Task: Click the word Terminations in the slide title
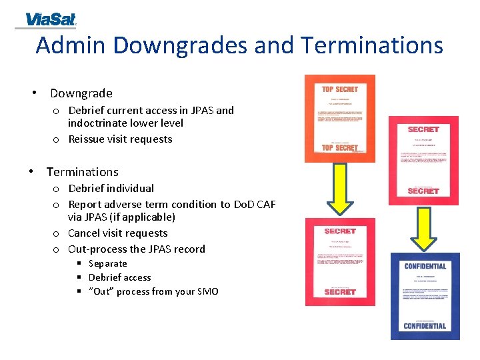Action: [371, 45]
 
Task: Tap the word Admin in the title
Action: [71, 45]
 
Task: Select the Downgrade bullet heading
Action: [81, 93]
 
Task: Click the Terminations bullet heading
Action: [82, 172]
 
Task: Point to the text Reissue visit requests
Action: [120, 139]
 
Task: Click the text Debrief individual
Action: [111, 189]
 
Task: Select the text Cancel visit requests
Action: [118, 233]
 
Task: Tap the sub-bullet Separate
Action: [107, 263]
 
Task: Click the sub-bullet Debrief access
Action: [119, 277]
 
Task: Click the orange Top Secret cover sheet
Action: [339, 118]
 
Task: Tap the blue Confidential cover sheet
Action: [425, 296]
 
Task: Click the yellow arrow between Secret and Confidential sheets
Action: [424, 227]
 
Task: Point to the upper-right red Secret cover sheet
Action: [423, 160]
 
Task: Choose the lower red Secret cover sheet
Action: [339, 261]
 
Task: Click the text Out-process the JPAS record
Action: [137, 249]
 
